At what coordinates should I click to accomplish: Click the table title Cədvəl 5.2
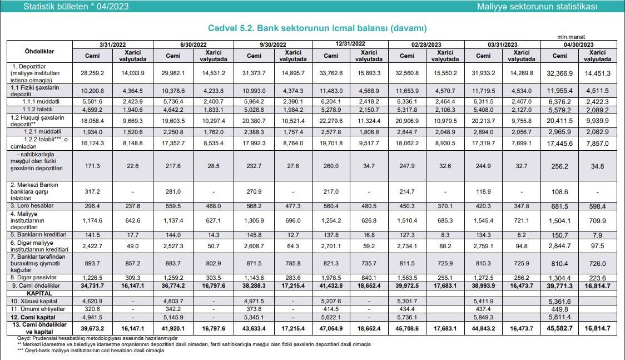click(x=317, y=28)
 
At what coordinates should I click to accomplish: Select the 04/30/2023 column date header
click(x=579, y=44)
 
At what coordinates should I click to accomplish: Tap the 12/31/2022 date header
click(x=350, y=43)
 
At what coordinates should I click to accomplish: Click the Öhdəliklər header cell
click(x=39, y=52)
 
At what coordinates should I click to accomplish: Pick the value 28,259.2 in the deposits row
click(x=92, y=73)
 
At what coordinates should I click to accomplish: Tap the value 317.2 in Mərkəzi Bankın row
click(x=92, y=191)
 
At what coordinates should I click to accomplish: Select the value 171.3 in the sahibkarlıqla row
click(x=92, y=166)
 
